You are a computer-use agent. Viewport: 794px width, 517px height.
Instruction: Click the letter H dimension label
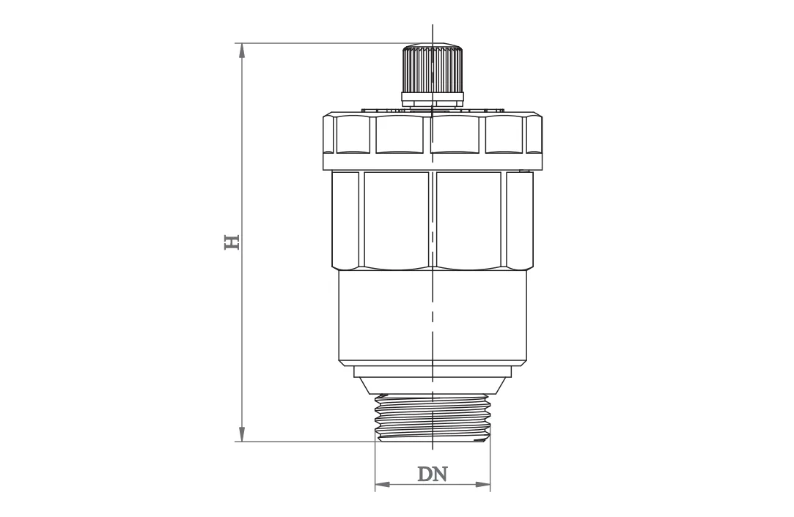point(232,242)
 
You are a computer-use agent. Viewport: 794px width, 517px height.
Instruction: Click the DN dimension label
point(433,474)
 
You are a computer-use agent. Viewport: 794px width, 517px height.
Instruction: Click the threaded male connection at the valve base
point(433,417)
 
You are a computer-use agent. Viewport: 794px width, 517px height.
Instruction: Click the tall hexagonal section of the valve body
point(433,220)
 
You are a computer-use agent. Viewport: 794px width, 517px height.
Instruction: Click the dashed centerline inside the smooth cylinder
point(433,322)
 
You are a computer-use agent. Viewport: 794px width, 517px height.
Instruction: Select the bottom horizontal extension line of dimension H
point(308,442)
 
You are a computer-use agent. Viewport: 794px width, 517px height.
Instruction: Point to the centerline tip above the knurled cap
point(433,31)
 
